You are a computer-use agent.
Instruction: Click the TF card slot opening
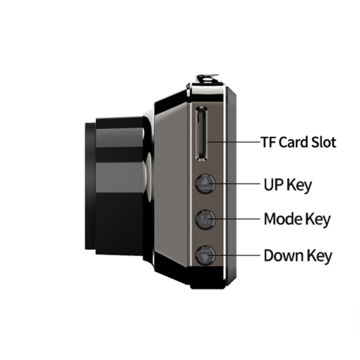[202, 133]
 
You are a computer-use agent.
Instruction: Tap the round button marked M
[205, 220]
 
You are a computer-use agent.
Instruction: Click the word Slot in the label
[324, 142]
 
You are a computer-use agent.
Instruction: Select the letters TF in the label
[268, 142]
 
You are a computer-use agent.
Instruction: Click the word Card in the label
[294, 142]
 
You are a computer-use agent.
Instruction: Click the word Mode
[283, 219]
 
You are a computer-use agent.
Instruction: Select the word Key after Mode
[318, 220]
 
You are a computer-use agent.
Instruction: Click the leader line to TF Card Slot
[234, 142]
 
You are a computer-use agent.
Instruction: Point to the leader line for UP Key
[234, 184]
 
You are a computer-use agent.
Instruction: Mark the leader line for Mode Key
[234, 219]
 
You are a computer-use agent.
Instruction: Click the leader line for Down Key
[234, 255]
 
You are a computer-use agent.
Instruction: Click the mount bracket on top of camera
[208, 80]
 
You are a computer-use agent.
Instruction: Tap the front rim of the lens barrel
[90, 186]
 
